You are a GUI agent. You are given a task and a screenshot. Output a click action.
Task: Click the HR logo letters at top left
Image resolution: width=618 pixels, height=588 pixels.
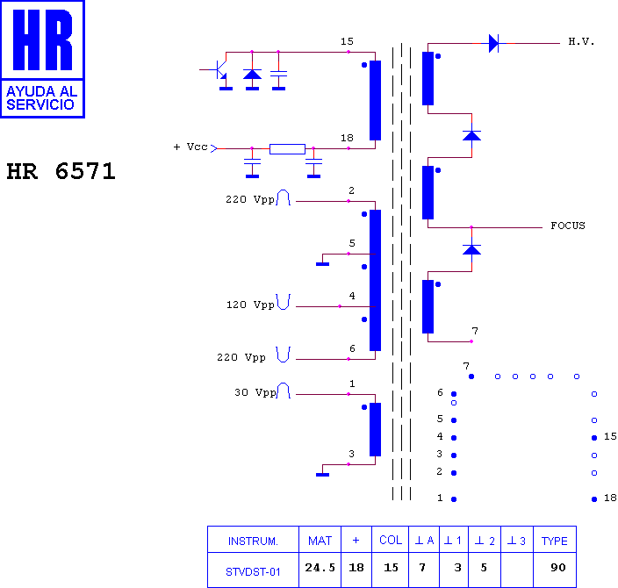[42, 39]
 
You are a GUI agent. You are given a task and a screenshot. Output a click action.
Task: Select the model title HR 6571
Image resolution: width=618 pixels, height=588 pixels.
[61, 171]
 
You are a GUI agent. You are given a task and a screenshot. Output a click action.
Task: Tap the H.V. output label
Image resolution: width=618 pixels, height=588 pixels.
[581, 41]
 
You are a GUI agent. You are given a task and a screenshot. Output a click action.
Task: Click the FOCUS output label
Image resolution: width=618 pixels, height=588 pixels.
[568, 226]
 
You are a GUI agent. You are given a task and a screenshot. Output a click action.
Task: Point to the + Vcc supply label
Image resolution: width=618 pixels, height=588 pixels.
[190, 147]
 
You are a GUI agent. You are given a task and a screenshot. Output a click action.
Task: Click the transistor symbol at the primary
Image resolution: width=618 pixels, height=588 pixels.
[220, 70]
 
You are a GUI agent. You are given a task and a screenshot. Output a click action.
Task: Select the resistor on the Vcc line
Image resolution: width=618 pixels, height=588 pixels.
[287, 149]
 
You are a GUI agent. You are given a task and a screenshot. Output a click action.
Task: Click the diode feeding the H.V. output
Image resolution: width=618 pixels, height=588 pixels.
[493, 43]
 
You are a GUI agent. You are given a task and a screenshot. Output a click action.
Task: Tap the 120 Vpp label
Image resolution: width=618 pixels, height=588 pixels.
[250, 305]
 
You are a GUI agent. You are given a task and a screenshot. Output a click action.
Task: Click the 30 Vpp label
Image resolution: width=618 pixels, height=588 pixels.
[255, 392]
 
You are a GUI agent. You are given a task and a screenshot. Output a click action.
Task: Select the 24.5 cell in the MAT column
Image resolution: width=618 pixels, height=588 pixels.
[320, 568]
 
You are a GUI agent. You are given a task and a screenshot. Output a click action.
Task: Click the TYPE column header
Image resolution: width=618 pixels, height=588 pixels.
[555, 541]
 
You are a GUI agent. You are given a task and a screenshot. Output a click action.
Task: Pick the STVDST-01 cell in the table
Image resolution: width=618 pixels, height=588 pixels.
[253, 572]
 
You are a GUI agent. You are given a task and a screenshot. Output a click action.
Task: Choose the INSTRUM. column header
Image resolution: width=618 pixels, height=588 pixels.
[253, 541]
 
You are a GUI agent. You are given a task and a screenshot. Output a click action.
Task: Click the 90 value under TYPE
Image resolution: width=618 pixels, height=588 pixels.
[558, 568]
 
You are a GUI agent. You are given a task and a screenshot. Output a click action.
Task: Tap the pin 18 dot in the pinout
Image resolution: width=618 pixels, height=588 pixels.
[594, 499]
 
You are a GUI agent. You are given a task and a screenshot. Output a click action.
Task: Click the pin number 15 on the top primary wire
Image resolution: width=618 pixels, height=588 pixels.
[347, 41]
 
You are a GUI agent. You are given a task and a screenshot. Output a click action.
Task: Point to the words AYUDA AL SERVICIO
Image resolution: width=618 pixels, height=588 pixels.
[41, 97]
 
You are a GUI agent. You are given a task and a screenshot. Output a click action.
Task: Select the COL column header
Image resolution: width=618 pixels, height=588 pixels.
[391, 540]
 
